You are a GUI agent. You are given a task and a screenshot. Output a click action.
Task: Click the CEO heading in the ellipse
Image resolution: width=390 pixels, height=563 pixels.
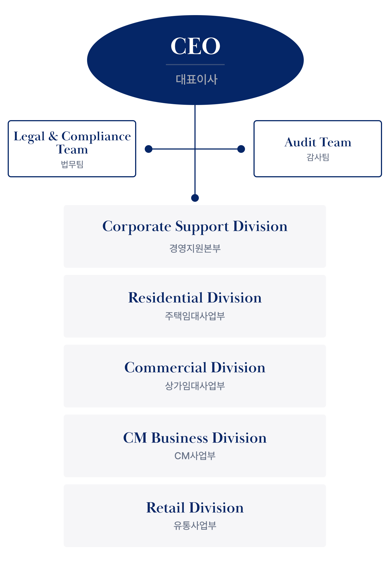[195, 46]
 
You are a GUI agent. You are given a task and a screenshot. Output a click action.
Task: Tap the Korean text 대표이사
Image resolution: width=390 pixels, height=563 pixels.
[196, 79]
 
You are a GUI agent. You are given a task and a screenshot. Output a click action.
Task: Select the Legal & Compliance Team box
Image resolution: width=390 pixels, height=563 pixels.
[72, 149]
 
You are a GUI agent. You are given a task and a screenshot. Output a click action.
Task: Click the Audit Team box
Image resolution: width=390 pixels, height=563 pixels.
[318, 149]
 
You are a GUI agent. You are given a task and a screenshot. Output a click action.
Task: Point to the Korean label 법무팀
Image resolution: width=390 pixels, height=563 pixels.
[72, 164]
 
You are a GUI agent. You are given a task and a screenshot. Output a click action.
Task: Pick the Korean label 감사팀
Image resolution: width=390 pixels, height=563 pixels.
[318, 157]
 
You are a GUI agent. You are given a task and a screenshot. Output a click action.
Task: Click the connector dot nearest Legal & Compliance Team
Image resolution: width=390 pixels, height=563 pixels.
[149, 149]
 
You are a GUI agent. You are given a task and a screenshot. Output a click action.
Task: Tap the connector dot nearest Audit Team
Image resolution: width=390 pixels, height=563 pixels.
[241, 149]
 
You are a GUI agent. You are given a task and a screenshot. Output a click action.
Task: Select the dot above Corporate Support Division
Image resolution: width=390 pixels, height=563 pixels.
[195, 198]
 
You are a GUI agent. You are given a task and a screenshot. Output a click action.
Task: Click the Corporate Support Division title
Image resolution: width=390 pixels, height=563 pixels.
[195, 227]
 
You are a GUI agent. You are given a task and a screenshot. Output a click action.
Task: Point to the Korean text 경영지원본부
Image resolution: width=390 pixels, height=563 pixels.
[195, 248]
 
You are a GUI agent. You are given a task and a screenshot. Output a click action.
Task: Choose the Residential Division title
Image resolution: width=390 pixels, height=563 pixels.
[195, 298]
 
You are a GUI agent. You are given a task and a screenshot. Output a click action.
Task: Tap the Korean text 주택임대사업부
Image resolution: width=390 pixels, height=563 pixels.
[195, 316]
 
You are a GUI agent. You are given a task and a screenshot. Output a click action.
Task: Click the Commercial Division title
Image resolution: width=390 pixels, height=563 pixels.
[195, 368]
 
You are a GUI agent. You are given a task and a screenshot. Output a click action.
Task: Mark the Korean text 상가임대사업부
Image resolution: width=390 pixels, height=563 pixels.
[195, 386]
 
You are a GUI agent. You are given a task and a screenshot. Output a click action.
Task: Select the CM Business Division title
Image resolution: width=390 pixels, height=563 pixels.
[195, 438]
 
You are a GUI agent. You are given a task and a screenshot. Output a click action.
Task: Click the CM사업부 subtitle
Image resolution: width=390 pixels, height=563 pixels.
[195, 456]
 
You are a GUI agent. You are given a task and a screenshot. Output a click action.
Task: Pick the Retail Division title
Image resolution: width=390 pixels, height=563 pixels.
[195, 507]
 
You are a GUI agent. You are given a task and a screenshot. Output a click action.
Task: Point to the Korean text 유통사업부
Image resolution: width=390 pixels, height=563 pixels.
[195, 526]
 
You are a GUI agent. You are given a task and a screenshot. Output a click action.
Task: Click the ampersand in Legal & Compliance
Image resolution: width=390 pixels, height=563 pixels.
[53, 136]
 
